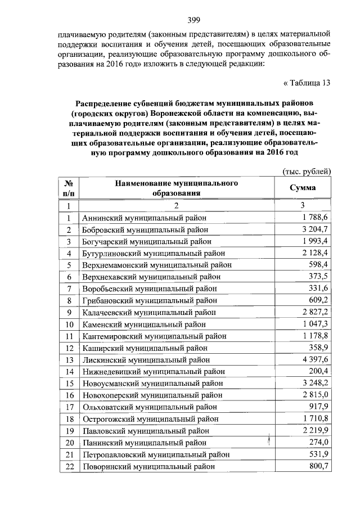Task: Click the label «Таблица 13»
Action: pos(305,83)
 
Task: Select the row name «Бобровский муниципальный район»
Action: pos(145,229)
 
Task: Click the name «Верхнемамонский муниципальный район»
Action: pos(156,265)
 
